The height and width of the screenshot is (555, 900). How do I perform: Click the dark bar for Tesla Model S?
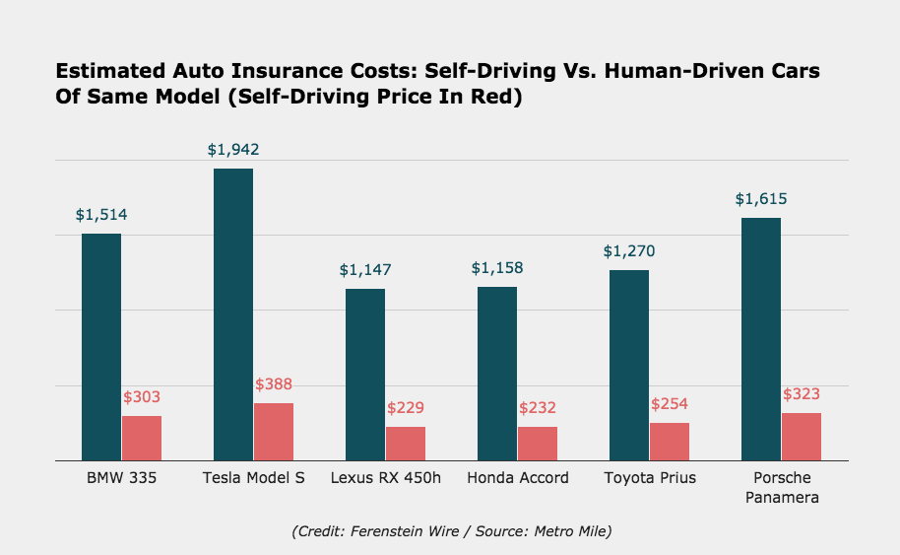point(233,313)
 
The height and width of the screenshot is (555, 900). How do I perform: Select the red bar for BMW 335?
point(142,438)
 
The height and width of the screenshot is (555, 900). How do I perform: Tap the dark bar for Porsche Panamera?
point(761,338)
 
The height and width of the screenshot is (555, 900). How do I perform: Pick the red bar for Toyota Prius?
point(670,441)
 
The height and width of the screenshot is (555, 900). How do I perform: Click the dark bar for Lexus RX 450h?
point(365,374)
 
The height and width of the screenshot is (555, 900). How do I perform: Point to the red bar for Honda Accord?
point(538,443)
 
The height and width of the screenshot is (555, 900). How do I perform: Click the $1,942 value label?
point(233,150)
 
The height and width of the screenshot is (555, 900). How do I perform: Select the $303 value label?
point(142,397)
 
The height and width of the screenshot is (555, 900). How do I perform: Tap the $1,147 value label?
point(365,269)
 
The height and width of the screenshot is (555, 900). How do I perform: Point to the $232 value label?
point(538,407)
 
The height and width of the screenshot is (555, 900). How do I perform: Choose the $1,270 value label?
point(629,251)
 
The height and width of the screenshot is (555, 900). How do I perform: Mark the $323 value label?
point(802,394)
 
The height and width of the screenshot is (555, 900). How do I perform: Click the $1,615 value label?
point(761,199)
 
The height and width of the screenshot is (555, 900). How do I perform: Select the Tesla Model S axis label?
point(254,478)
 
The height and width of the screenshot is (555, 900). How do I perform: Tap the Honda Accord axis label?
point(518,478)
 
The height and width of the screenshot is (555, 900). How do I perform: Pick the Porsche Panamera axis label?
point(782,488)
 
